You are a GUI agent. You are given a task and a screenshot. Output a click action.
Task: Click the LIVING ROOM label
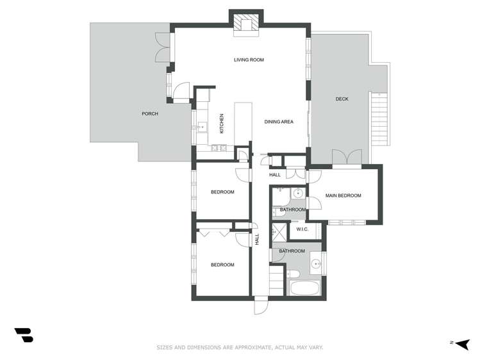click(x=249, y=60)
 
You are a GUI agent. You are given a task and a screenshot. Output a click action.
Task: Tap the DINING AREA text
click(x=279, y=121)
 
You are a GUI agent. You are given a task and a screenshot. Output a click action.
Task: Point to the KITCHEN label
click(x=222, y=123)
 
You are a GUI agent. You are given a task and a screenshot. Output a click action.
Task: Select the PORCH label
click(x=149, y=114)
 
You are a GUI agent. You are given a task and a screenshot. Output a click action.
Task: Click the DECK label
click(x=342, y=99)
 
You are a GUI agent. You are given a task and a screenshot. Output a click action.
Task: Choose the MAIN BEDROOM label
click(x=343, y=195)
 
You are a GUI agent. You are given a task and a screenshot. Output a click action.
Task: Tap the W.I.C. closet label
click(x=302, y=229)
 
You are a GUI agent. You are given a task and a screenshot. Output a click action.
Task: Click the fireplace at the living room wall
click(x=245, y=24)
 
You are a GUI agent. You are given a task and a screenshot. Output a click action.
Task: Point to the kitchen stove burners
click(x=217, y=148)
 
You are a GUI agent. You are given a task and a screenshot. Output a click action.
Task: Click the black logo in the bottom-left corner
click(x=24, y=334)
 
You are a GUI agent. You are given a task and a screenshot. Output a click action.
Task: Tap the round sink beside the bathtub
click(x=315, y=263)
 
